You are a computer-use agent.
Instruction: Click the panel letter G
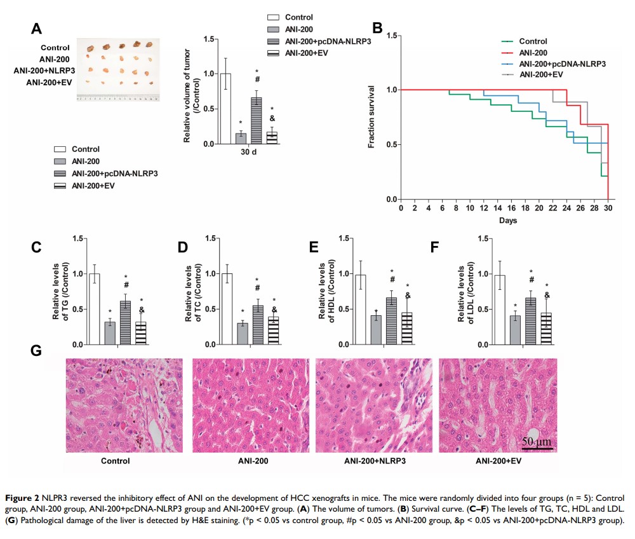coord(37,350)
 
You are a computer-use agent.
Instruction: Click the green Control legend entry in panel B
coord(533,41)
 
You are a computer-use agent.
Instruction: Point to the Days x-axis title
coord(507,221)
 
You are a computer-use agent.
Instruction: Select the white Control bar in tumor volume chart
coord(225,109)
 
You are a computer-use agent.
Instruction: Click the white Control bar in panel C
coord(95,309)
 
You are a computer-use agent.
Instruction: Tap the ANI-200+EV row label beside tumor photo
coord(48,82)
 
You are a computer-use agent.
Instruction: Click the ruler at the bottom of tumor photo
coord(117,99)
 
